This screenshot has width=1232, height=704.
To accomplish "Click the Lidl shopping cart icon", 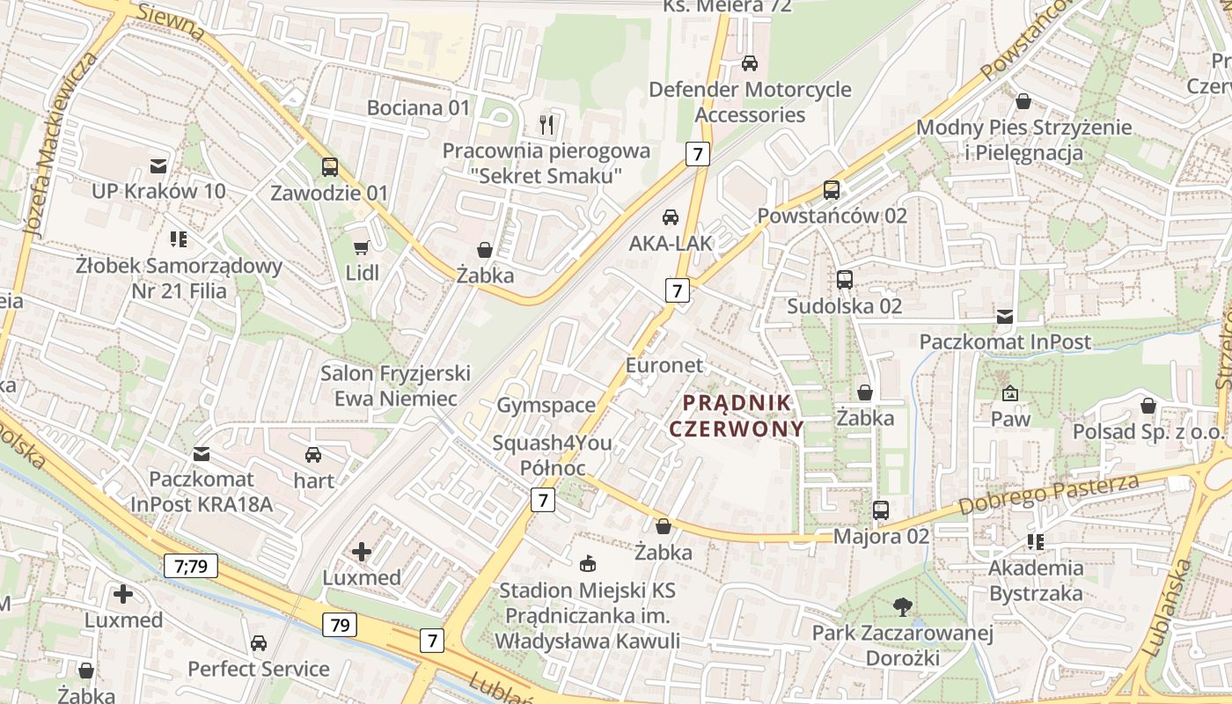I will coord(361,248).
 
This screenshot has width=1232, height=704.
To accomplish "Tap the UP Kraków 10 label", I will coord(158,191).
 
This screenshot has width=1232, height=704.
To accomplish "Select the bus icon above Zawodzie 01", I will coord(330,166).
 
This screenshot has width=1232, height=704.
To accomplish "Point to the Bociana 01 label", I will coord(419,108).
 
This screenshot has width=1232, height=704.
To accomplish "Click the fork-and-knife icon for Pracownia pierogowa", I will coord(546,125).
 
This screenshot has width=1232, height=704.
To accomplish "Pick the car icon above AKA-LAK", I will coord(671,216).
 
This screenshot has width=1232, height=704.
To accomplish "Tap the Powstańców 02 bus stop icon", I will coord(832,189).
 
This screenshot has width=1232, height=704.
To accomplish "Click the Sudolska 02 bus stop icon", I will coord(845,280).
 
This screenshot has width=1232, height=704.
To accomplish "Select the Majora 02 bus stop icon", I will coord(881,510).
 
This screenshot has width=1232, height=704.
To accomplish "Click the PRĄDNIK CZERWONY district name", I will coord(737,415).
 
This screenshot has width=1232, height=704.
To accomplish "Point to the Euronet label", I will coord(664,365).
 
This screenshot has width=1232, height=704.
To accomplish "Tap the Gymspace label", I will coord(546,406).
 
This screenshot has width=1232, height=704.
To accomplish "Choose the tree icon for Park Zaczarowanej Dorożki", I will coord(902,606).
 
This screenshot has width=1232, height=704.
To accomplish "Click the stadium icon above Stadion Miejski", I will coord(588,563).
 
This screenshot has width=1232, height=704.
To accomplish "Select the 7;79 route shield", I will coord(190,565).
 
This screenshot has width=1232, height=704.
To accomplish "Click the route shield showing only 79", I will coord(340,625).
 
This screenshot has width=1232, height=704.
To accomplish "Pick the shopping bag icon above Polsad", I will coord(1148,406).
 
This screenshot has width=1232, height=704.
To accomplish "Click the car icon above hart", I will coord(313,455).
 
